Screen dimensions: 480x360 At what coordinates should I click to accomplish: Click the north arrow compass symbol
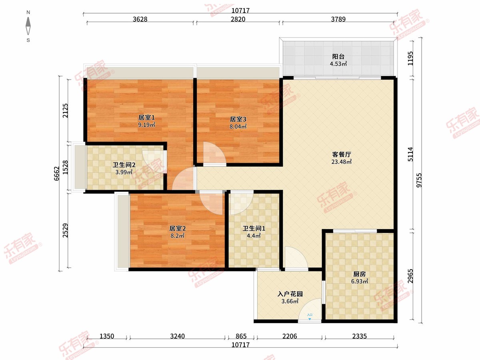[28, 26]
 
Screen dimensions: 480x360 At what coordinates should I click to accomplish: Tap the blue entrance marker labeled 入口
[310, 317]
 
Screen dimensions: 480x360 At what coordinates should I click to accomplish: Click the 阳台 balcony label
[338, 57]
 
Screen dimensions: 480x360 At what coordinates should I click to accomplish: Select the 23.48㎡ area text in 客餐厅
[341, 162]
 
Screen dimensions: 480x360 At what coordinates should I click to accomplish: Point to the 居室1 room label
[146, 118]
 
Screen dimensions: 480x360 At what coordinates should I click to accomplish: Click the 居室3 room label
[238, 119]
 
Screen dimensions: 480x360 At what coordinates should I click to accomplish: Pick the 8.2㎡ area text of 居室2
[177, 236]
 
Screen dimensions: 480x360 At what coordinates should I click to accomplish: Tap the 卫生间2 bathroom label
[124, 165]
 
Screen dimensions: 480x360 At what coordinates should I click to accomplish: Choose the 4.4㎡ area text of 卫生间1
[254, 236]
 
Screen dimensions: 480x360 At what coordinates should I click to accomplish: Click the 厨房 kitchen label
[360, 274]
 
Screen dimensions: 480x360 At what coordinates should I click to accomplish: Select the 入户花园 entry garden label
[290, 294]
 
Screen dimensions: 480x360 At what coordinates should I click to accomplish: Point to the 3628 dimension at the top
[140, 19]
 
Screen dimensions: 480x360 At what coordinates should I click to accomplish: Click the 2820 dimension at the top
[238, 19]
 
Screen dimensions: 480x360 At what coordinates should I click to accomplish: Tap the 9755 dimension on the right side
[419, 180]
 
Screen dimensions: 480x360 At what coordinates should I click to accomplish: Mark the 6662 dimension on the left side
[57, 174]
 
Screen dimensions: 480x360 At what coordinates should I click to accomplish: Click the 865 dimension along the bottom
[241, 336]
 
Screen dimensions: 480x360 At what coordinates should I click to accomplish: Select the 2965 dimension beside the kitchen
[410, 276]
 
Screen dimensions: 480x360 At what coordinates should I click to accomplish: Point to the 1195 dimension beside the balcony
[410, 58]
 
